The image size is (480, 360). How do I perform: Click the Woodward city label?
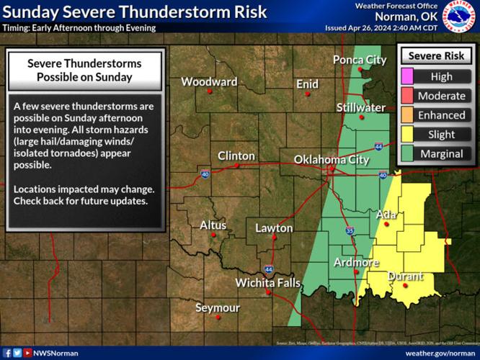208,81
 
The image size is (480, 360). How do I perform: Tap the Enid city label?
307,84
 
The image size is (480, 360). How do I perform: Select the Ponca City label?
359,60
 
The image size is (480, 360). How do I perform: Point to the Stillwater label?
360,107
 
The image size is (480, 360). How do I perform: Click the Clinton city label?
236,156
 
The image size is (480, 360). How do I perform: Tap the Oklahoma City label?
331,160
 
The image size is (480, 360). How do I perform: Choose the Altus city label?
213,225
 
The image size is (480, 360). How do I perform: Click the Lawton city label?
274,228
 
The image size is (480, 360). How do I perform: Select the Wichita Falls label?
267,283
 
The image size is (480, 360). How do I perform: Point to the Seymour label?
218,307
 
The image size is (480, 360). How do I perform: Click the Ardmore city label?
355,262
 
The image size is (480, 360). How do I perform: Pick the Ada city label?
385,215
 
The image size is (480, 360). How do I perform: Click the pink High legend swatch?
407,76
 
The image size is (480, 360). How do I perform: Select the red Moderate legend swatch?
407,96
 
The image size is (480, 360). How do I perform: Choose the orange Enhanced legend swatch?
407,114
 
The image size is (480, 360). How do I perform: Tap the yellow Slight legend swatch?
407,134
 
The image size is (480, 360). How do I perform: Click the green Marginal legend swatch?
407,153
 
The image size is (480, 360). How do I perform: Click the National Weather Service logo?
461,17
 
